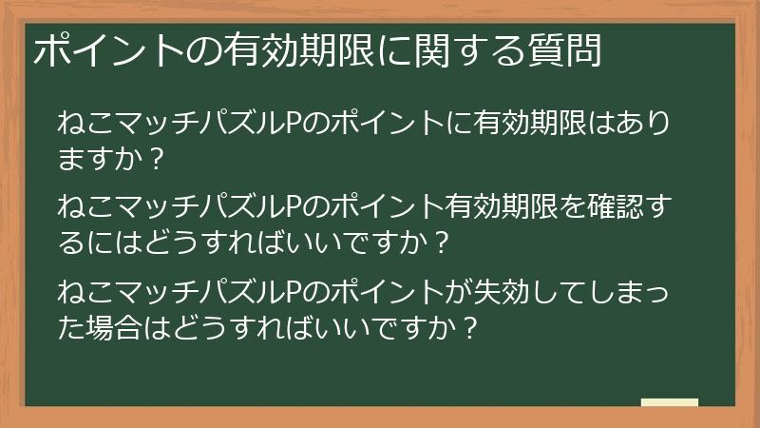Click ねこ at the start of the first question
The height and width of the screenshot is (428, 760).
tap(84, 124)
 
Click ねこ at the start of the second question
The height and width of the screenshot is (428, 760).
tap(84, 206)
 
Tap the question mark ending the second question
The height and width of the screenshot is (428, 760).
tap(439, 239)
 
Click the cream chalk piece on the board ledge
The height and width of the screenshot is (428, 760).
tap(669, 402)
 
